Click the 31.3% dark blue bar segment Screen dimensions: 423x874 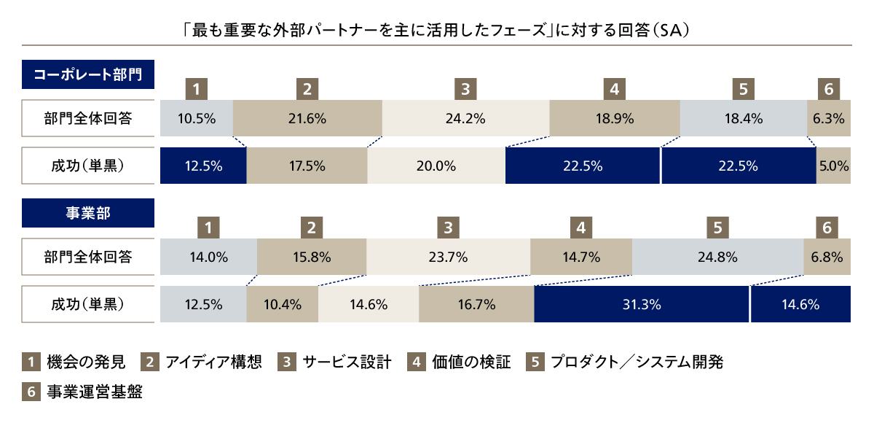[x=642, y=305]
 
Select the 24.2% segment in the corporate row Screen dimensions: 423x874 [x=465, y=118]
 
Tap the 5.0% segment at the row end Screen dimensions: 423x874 [x=833, y=166]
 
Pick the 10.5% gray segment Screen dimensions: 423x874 [x=197, y=118]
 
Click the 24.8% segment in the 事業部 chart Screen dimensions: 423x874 [x=717, y=257]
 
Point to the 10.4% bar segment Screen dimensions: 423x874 [x=283, y=305]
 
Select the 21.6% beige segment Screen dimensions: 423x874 [x=307, y=118]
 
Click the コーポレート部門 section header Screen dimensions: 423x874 [x=88, y=74]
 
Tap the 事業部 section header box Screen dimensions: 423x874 [x=88, y=213]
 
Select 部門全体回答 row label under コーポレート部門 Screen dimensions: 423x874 [x=88, y=118]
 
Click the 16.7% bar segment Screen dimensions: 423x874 [x=476, y=305]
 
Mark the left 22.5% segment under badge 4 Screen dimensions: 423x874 [x=582, y=166]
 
